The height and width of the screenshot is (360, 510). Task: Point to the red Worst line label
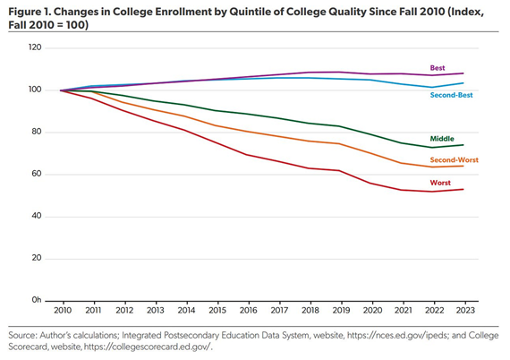[x=441, y=182]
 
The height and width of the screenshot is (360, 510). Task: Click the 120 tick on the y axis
[x=37, y=47]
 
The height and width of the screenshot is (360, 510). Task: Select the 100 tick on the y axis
[x=37, y=90]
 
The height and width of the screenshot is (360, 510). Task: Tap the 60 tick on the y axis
[x=38, y=174]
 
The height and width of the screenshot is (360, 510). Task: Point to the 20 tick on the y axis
[x=38, y=258]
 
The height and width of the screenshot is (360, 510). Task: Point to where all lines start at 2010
[x=61, y=90]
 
